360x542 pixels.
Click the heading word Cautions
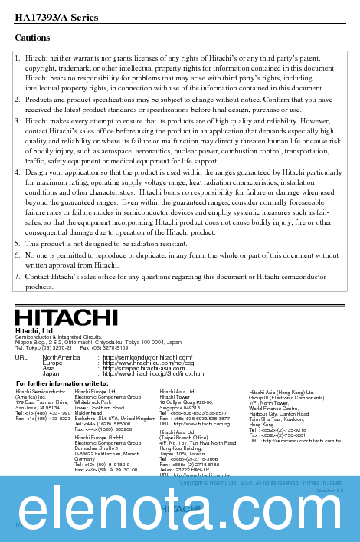point(32,38)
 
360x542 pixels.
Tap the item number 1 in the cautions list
point(18,57)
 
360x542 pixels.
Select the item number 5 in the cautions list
point(18,243)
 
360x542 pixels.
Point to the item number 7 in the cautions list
point(18,276)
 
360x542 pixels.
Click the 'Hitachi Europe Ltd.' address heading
point(96,391)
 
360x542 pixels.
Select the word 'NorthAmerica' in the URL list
point(61,357)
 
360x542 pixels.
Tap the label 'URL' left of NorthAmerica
point(21,357)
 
